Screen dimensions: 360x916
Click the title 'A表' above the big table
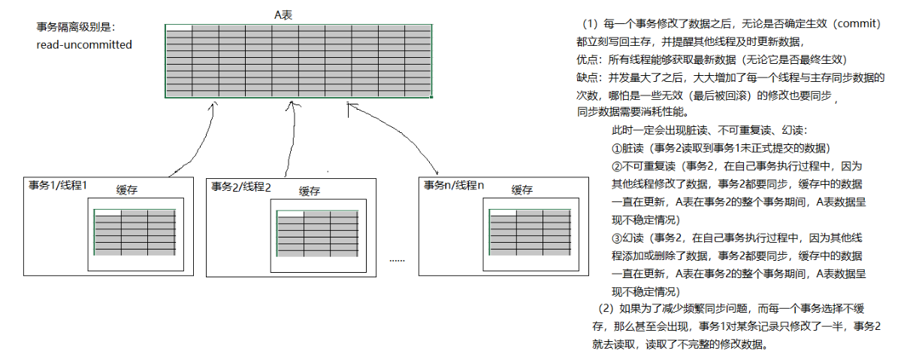click(298, 15)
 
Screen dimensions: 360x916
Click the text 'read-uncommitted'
click(84, 45)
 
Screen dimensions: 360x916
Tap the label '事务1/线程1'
click(59, 185)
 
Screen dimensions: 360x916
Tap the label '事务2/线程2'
click(241, 186)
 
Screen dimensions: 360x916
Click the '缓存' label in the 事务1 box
click(127, 190)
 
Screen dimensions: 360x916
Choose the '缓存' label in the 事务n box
click(522, 190)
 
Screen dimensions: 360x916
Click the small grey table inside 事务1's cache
click(135, 232)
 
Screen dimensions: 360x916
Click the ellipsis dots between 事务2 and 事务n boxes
click(397, 259)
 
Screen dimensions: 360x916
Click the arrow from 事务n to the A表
click(391, 135)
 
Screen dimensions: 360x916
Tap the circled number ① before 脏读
click(617, 148)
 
